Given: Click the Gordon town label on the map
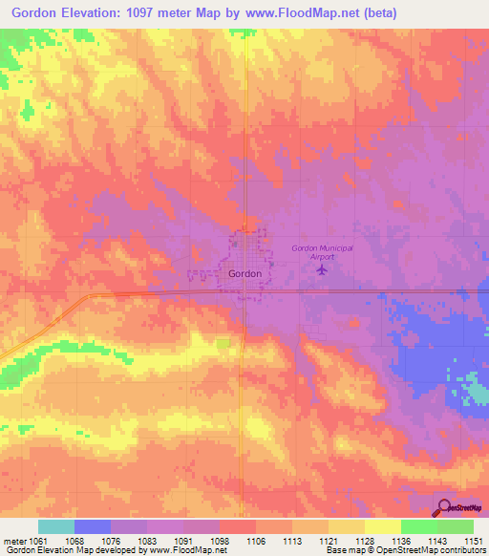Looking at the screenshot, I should coord(245,273).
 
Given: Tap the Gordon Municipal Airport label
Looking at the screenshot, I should coord(322,251).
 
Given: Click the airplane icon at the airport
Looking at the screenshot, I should coord(321,269).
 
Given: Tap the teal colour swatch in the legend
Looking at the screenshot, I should coord(56,526).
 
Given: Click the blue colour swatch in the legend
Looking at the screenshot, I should coord(93,526).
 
